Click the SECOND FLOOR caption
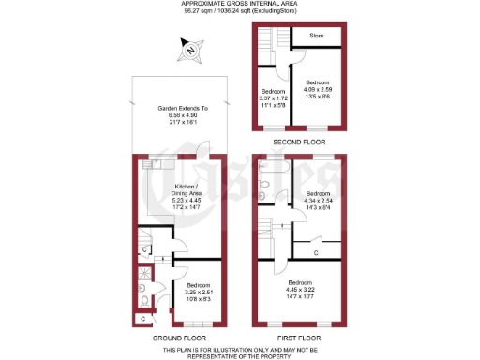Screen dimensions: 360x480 298,142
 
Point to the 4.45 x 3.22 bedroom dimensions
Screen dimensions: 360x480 300,290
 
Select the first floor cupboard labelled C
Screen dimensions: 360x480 316,252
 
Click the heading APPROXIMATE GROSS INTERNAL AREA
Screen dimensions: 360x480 240,5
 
